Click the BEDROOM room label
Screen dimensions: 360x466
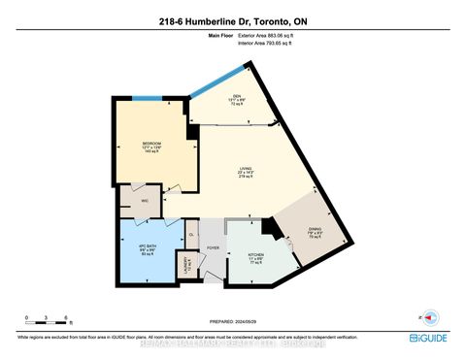(150, 146)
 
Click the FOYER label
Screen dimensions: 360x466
(211, 246)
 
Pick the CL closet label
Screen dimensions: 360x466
(191, 234)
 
